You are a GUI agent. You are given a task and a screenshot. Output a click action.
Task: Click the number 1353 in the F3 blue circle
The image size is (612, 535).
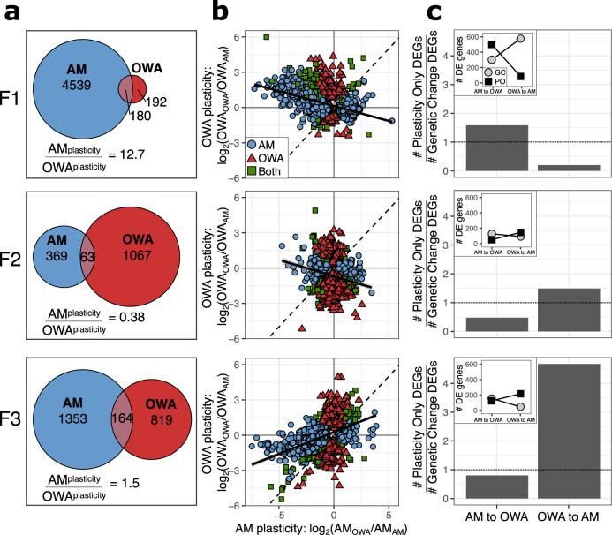click(76, 422)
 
